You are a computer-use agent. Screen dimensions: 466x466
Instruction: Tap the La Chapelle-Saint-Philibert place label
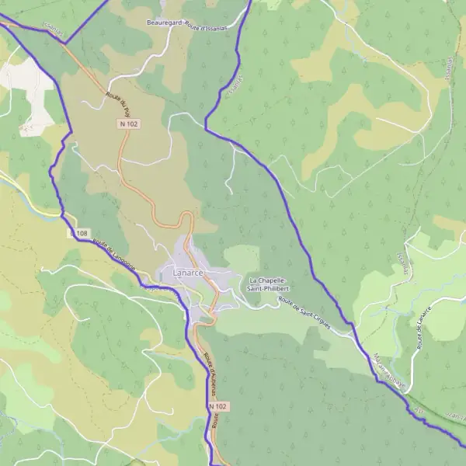click(x=269, y=284)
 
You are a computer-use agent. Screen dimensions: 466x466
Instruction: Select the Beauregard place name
click(x=164, y=23)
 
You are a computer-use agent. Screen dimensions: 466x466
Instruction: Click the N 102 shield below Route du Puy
click(x=129, y=123)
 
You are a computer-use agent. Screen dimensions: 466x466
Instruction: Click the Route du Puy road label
click(x=117, y=100)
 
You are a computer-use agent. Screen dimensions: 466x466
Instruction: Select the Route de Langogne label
click(x=114, y=255)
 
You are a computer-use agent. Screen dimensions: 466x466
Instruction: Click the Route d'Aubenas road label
click(x=208, y=373)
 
